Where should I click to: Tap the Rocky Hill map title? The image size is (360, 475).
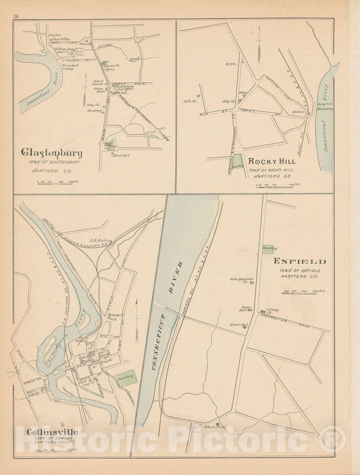270,161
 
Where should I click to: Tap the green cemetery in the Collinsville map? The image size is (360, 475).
124,380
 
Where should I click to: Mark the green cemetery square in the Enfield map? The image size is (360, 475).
269,249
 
